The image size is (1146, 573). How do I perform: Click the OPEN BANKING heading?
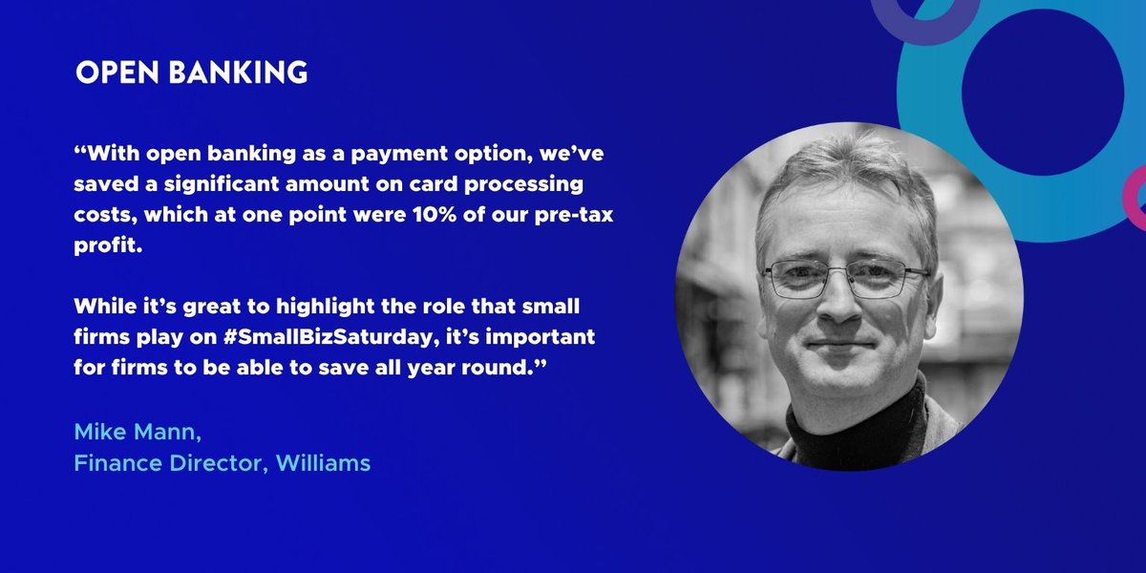[191, 73]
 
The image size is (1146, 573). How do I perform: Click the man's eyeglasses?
[846, 278]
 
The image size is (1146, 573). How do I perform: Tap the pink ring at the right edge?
[1136, 196]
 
